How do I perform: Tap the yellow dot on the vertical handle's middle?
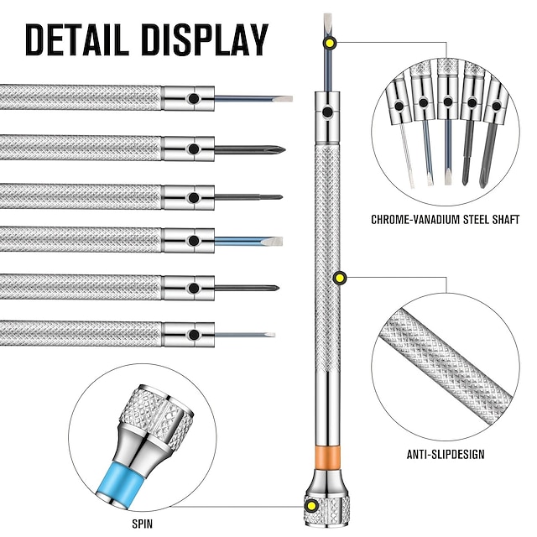click(x=341, y=278)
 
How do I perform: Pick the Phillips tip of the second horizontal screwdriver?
click(x=276, y=149)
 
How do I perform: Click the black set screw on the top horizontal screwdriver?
click(x=193, y=99)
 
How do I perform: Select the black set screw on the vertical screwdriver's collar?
click(x=327, y=110)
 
